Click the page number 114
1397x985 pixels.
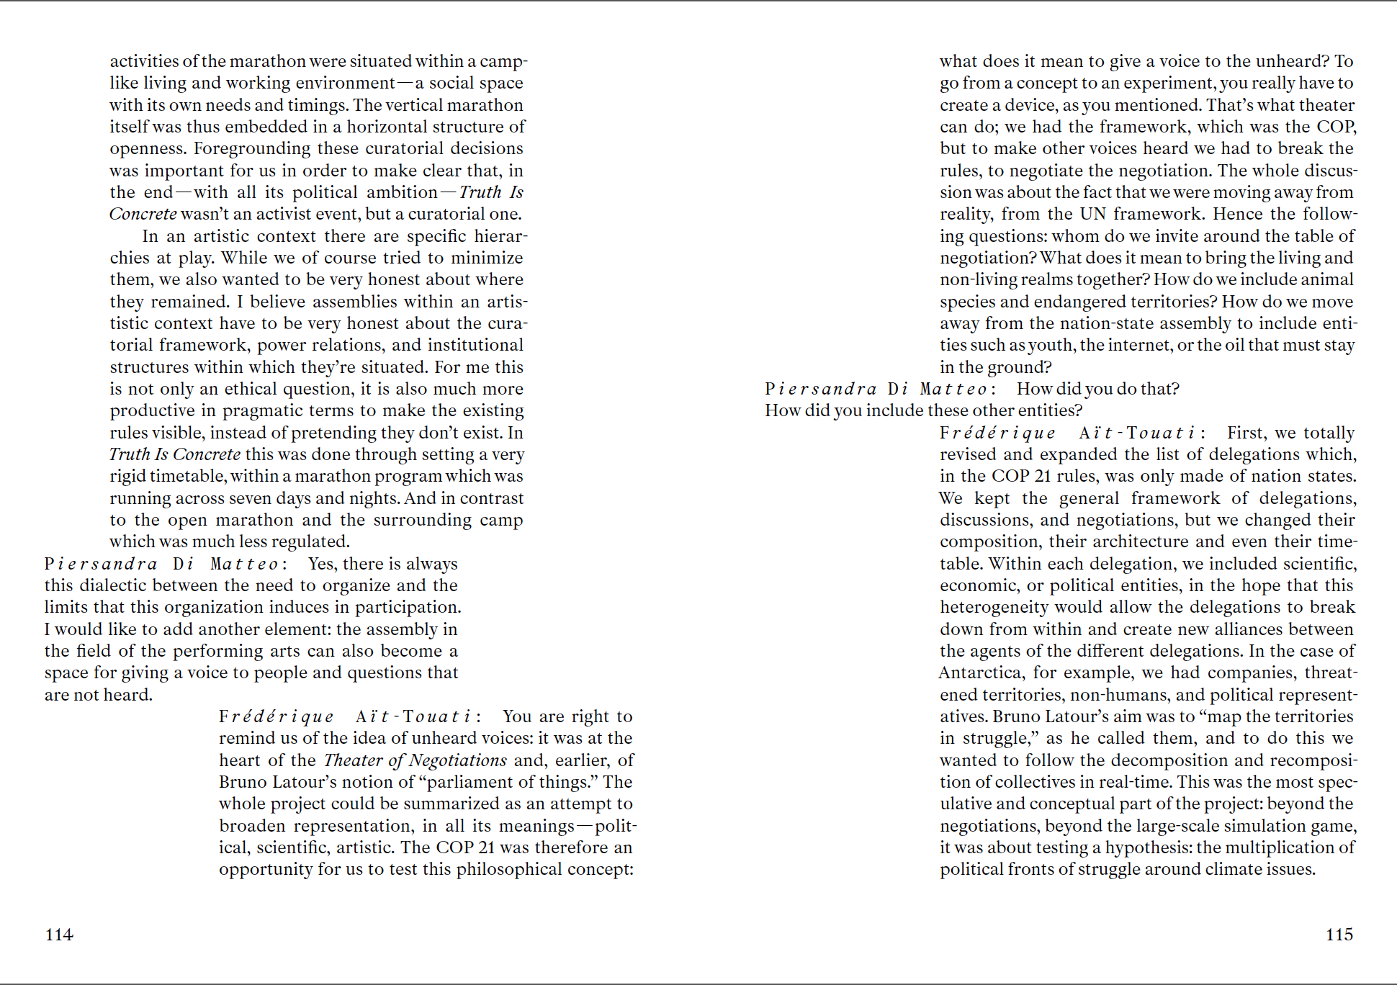click(x=59, y=935)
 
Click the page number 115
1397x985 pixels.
click(x=1339, y=935)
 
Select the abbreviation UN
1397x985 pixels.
click(x=1092, y=214)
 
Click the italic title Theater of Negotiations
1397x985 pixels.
click(x=415, y=760)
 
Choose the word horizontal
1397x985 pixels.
click(x=392, y=127)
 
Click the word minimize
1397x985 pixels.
click(x=487, y=258)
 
